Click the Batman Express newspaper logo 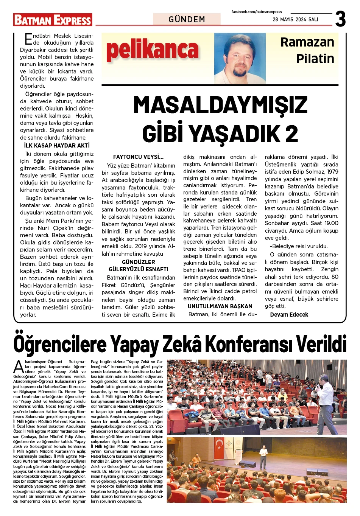[53, 20]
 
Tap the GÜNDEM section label [187, 19]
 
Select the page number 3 [340, 19]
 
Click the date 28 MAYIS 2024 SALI [295, 20]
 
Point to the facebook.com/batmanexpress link [257, 12]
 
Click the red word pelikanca [152, 51]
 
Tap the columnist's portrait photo [240, 57]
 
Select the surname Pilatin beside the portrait [315, 59]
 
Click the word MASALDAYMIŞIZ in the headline [220, 105]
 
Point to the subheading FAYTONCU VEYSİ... [138, 157]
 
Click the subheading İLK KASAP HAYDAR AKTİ [57, 146]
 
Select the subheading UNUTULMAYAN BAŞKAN [220, 306]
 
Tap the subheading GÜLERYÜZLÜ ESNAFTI [139, 269]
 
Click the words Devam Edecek [289, 315]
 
